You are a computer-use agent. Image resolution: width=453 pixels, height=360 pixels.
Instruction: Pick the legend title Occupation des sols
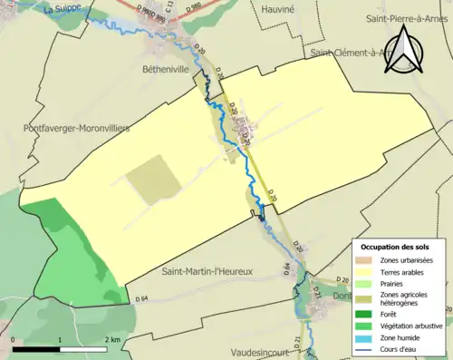click(396, 247)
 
